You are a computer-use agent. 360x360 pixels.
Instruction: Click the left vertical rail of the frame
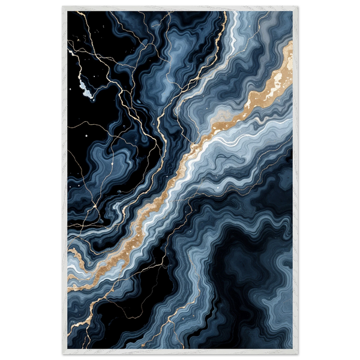[64, 180]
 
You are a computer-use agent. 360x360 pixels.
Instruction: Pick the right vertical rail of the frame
[296, 180]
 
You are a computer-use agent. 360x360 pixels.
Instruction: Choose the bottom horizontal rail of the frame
[180, 352]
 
